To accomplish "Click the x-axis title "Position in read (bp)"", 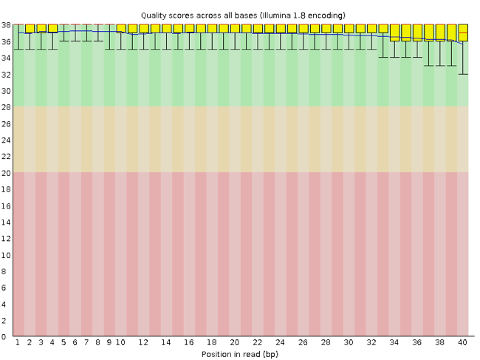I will click(x=240, y=353).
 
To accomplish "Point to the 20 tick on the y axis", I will click(x=7, y=173).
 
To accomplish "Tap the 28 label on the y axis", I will click(x=7, y=107).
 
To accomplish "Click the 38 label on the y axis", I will click(x=7, y=25).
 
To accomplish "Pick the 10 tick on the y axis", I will click(x=7, y=255).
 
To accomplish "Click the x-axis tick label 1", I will click(x=18, y=343).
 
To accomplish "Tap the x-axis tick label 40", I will click(x=462, y=343).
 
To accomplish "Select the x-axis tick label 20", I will click(x=234, y=343).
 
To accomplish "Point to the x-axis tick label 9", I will click(x=109, y=343).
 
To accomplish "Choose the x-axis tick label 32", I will click(x=371, y=343).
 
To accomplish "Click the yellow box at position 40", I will click(x=462, y=33).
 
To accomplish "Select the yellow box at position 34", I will click(x=394, y=33).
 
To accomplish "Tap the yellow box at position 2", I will click(x=30, y=28).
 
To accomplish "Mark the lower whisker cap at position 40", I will click(x=462, y=74).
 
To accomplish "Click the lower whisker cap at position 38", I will click(x=440, y=66).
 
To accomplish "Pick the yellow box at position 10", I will click(x=121, y=28).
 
